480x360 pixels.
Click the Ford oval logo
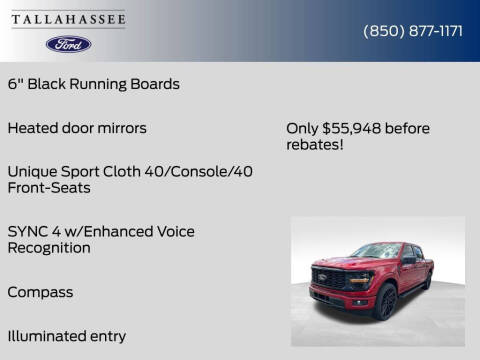68,44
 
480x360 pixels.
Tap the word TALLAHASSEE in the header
69,17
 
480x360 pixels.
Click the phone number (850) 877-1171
412,31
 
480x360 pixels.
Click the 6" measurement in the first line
14,84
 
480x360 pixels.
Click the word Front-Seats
48,188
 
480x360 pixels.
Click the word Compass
40,292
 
